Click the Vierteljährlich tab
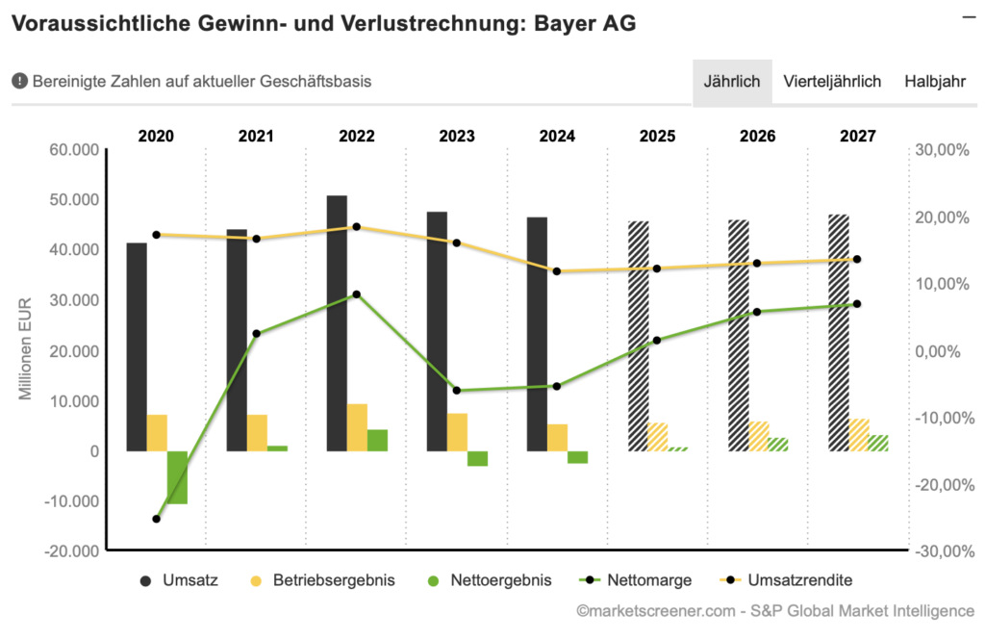tap(832, 82)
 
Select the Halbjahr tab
tap(934, 82)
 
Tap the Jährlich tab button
tap(732, 82)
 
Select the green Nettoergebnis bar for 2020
tap(177, 476)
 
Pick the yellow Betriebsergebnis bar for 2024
tap(557, 437)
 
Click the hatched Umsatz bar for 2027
tap(839, 332)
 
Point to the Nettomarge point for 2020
tap(156, 519)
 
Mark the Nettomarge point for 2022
tap(356, 294)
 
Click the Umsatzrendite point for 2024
tap(557, 271)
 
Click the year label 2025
tap(657, 136)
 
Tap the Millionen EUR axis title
tap(27, 349)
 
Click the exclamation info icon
tap(19, 82)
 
